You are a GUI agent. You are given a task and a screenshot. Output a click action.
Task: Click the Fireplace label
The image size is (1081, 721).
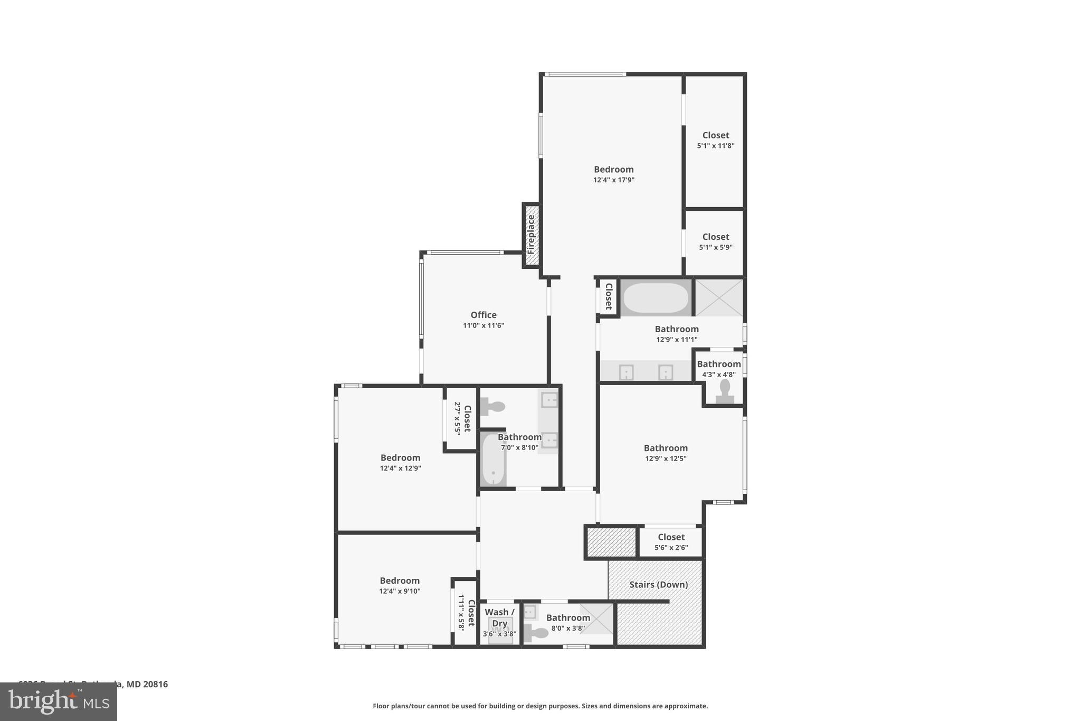point(531,235)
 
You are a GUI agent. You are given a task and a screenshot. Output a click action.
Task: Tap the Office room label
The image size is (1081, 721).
point(483,315)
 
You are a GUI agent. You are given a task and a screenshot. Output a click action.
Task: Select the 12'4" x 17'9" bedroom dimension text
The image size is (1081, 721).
point(613,180)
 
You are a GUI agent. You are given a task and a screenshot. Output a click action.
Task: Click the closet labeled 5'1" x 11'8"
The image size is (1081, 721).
point(715,141)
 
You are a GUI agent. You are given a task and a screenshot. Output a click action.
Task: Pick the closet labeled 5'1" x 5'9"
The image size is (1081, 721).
point(715,242)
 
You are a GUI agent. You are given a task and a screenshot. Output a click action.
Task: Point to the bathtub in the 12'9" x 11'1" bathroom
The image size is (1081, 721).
point(656,298)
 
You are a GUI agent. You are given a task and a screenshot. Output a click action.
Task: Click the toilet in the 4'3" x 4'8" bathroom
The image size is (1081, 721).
point(725,391)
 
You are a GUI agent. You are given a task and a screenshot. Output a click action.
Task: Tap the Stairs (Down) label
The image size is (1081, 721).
point(658,585)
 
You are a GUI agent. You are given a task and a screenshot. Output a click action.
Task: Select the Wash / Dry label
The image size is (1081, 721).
point(499,617)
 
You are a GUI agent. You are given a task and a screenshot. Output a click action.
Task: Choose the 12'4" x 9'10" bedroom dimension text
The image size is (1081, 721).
point(400,592)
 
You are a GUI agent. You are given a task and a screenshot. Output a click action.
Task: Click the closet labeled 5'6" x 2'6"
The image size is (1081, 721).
point(671,542)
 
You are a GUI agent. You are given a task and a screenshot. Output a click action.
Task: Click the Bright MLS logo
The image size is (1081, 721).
point(59,701)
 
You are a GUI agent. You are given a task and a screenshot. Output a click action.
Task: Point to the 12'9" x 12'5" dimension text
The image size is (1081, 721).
point(666,459)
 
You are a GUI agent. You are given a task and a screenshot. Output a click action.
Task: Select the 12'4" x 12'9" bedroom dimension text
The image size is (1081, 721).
point(400,469)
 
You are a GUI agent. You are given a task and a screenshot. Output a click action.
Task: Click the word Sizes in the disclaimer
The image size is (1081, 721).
point(594,706)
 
